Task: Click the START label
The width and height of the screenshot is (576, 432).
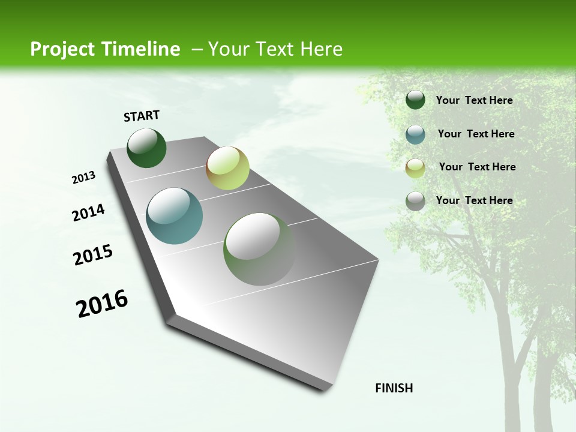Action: (142, 116)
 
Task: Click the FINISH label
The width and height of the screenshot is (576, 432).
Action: (394, 388)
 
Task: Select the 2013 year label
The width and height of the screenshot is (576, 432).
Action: (83, 178)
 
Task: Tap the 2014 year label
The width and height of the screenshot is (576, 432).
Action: (88, 213)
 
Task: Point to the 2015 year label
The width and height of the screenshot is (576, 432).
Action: (92, 255)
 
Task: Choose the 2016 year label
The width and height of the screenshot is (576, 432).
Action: (102, 304)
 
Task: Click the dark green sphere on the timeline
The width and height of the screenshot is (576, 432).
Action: (146, 148)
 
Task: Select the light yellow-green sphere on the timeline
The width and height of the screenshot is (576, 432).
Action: (227, 168)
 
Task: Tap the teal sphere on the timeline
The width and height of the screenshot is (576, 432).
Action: (174, 216)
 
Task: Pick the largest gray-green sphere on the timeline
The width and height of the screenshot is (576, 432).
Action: (259, 249)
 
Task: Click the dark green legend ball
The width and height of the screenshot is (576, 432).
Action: (415, 100)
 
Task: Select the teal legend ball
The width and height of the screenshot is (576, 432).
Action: (415, 134)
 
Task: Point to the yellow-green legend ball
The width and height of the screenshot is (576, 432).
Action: (415, 168)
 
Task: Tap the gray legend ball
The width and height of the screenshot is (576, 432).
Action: (415, 201)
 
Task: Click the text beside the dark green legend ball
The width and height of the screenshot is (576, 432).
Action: (474, 101)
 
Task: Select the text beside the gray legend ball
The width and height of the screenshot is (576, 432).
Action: (474, 200)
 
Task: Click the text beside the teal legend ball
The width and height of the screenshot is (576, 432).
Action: (476, 134)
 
